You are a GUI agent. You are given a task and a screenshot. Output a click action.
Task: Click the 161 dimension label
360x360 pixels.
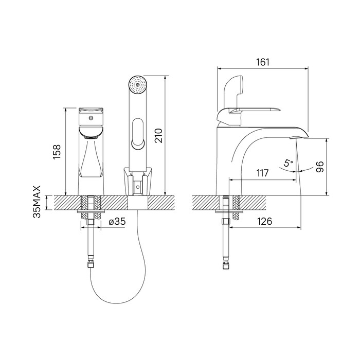pyautogui.click(x=263, y=62)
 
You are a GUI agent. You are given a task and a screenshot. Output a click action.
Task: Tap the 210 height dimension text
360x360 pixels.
pyautogui.click(x=158, y=136)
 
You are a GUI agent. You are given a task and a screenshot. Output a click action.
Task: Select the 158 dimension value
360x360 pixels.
pyautogui.click(x=57, y=152)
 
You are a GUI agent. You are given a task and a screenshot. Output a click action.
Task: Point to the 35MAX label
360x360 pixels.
pyautogui.click(x=37, y=202)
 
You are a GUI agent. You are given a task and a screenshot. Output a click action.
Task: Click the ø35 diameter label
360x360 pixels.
pyautogui.click(x=117, y=222)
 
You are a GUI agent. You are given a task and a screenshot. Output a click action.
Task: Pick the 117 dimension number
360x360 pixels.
pyautogui.click(x=262, y=173)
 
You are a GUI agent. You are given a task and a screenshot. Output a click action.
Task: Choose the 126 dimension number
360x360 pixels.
pyautogui.click(x=264, y=221)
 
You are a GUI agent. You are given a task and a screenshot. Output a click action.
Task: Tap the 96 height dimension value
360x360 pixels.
pyautogui.click(x=319, y=167)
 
